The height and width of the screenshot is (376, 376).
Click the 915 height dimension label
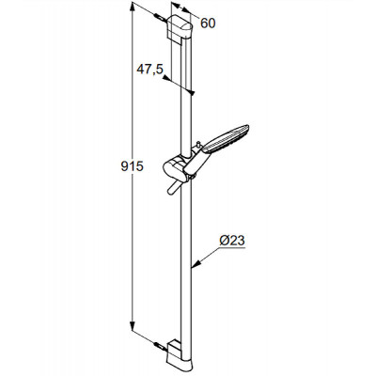click(x=132, y=166)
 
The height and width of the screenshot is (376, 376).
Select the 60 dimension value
click(x=208, y=23)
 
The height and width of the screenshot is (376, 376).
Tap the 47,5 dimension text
click(x=149, y=69)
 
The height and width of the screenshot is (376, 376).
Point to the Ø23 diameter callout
click(x=232, y=241)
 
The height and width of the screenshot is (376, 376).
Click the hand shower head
click(x=227, y=138)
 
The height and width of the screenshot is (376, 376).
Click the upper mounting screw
click(x=160, y=17)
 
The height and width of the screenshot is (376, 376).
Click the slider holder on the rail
click(x=176, y=167)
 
